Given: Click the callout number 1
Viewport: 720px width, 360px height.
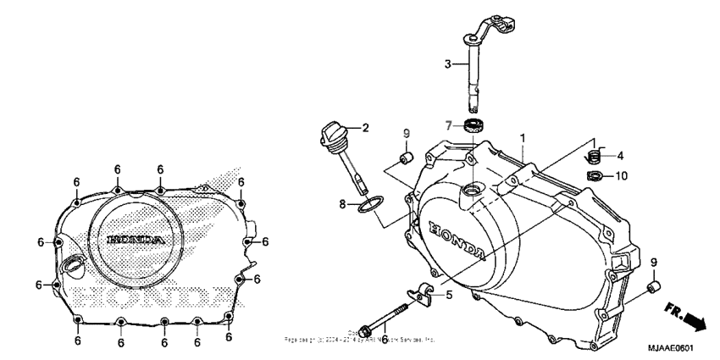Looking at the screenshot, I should point(523,136).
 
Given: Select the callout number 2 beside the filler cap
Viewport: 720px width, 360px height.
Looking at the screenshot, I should point(366,129).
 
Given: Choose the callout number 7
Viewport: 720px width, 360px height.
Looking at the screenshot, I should point(449,125).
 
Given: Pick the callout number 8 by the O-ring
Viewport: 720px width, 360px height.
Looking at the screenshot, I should point(343,203).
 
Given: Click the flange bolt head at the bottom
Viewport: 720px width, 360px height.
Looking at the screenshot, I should point(366,329).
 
